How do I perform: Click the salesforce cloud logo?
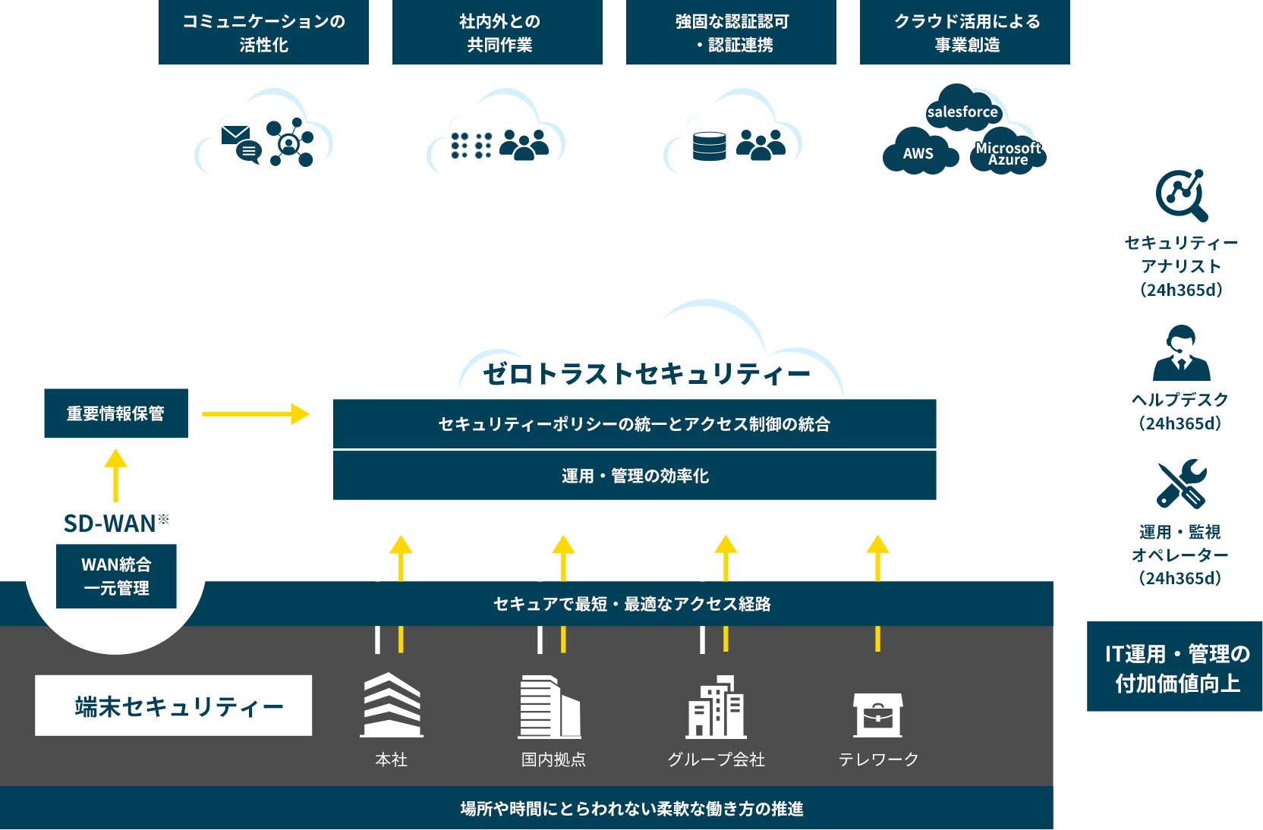coord(962,111)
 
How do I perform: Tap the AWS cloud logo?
coord(918,152)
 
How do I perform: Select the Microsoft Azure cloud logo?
coord(1008,153)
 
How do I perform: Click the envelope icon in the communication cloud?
coord(236,136)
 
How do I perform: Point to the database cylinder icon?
coord(709,146)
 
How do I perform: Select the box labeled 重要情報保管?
coord(116,413)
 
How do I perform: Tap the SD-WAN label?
coord(111,523)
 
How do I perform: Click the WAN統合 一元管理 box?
coord(116,576)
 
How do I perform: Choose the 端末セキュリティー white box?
coord(173,706)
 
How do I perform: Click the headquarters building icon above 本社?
coord(392,705)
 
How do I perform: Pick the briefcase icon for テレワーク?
coord(878,715)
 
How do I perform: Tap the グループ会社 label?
coord(716,759)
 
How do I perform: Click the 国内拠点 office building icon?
coord(550,707)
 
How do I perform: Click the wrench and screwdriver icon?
coord(1181,483)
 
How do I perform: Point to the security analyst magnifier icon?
coord(1181,194)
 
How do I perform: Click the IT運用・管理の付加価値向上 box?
coord(1174,667)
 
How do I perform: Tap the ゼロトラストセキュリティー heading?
coord(647,373)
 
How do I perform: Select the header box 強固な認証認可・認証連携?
coord(732,33)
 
